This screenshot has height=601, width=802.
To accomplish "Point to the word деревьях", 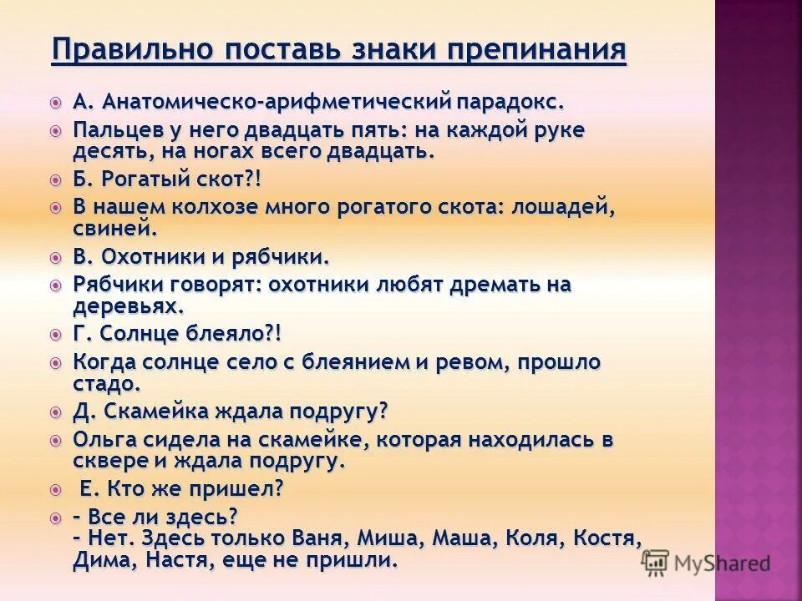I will point(126,305).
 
